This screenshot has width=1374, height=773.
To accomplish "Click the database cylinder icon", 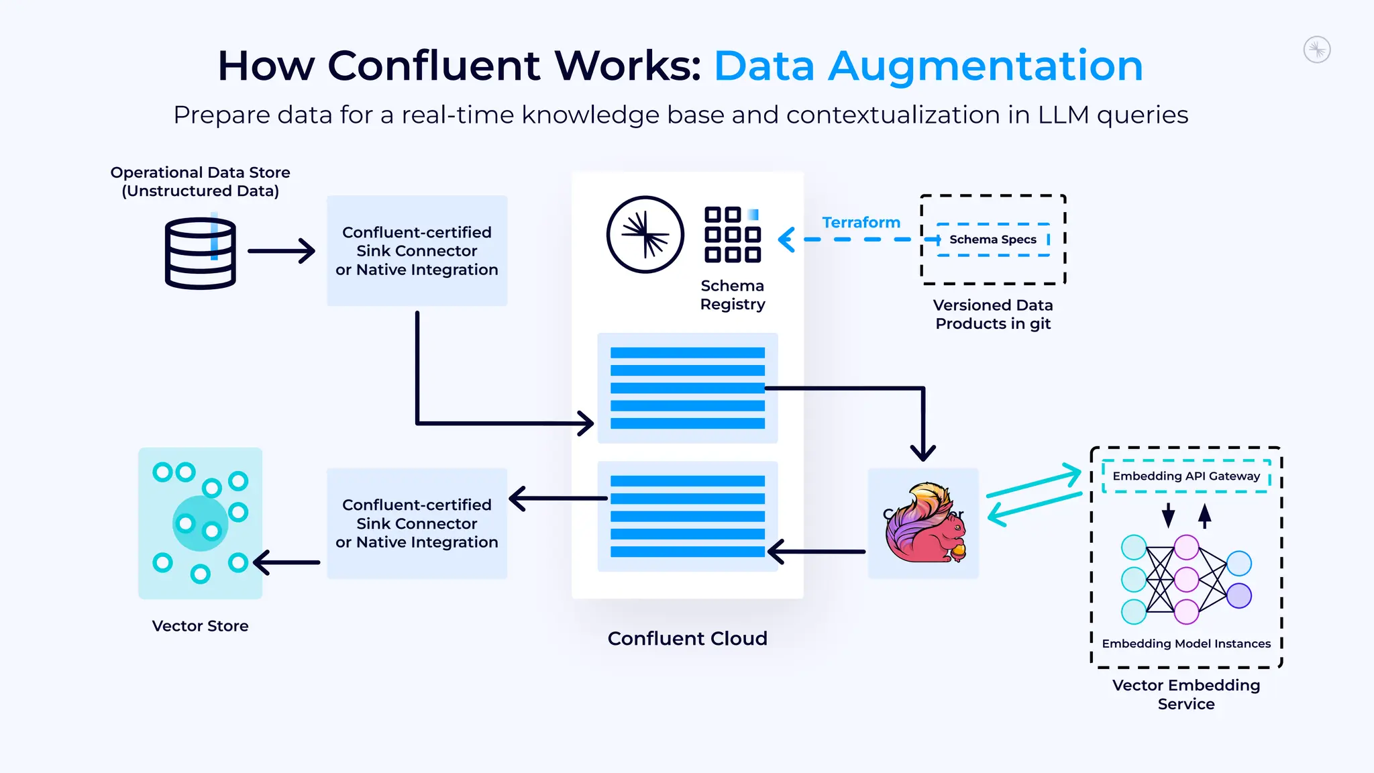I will coord(200,254).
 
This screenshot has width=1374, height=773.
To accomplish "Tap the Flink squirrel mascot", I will coord(925,523).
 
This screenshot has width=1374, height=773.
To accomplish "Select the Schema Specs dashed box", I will coord(993,240).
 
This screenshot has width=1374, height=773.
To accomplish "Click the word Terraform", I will coord(861,222).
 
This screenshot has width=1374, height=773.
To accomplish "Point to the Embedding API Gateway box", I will coord(1186,476).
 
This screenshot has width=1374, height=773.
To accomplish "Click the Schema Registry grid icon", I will coord(732,235).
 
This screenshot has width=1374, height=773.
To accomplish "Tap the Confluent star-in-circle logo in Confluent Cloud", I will coord(645,235).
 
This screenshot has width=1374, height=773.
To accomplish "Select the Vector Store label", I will coord(200,625).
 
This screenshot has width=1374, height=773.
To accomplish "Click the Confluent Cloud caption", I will coord(687,638).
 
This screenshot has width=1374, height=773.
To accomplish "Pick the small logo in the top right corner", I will coord(1316,50).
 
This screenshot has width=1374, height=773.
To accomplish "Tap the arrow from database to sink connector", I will coord(282,251).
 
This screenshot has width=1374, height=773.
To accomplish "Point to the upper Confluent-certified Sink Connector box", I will coord(417,251).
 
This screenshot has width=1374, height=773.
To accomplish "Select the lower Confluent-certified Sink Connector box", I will coord(417,523).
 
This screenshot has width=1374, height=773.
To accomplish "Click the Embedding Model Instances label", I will coord(1185,643).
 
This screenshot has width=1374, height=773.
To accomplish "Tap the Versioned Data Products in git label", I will coord(993,314).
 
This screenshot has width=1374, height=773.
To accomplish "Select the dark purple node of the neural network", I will coord(1238,595).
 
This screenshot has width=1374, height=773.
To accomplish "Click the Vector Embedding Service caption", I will coord(1185,694).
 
